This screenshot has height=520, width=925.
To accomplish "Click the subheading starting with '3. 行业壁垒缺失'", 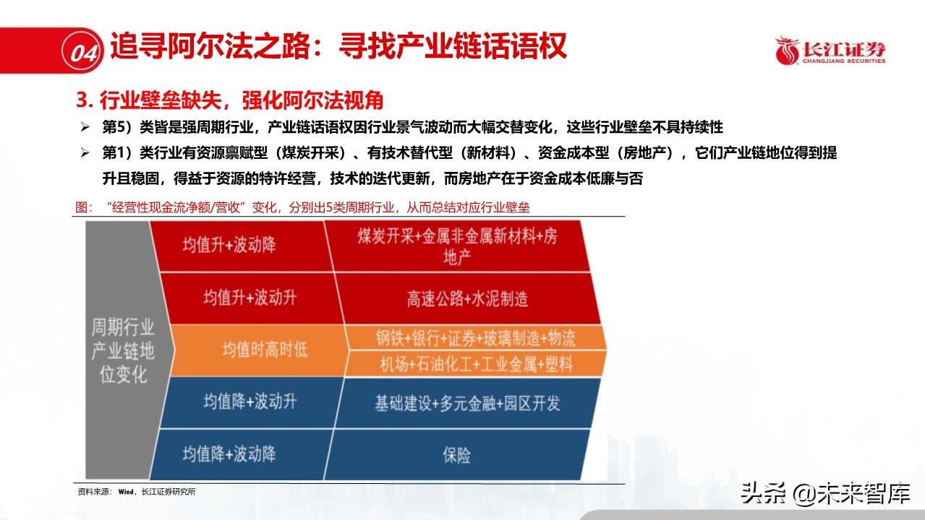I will tap(230, 100).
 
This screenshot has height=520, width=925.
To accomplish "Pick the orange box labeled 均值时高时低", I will tap(264, 350).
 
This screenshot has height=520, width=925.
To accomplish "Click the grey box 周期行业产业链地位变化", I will tap(121, 350).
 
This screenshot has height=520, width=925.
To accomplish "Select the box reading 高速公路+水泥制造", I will tap(466, 298).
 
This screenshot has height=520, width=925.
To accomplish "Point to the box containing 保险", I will tap(456, 454).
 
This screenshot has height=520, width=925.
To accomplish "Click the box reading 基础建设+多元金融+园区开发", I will tap(466, 402).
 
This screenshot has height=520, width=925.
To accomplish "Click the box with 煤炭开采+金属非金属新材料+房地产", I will tap(457, 246).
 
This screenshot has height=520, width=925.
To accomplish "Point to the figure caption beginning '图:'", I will tap(302, 208).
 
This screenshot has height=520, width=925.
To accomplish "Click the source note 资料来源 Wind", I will tap(137, 492).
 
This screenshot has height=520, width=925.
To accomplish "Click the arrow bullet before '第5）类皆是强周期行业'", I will tap(85, 128).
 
